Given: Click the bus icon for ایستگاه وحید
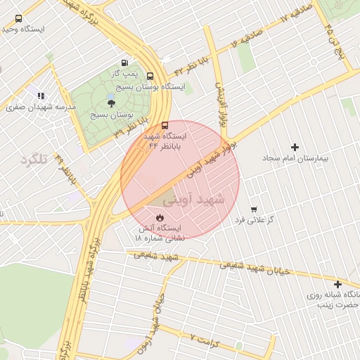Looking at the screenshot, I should coord(18,19).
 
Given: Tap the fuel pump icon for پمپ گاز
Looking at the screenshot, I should coord(125,63).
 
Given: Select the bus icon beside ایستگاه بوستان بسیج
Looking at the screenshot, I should coord(150,76).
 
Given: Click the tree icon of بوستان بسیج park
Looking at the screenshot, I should coord(111,103).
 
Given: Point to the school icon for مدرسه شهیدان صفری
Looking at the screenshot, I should coord(41,96).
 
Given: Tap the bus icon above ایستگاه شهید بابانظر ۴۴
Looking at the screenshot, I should coord(165,125).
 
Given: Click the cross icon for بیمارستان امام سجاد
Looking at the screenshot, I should coord(294,148).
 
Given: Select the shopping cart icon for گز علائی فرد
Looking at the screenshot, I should coord(253,210).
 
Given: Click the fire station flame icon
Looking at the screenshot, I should coord(160,219).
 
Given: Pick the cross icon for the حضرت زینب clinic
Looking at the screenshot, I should coord(338,285).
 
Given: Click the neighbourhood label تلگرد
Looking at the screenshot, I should coord(34,160).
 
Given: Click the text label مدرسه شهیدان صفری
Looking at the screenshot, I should coord(41,107).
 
